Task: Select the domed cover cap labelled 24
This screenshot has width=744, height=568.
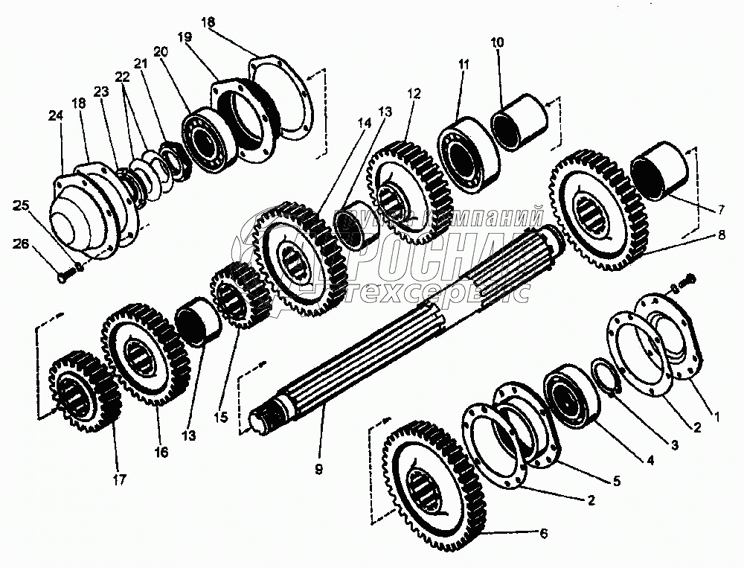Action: click(x=78, y=216)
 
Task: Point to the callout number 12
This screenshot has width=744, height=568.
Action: click(x=414, y=94)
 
